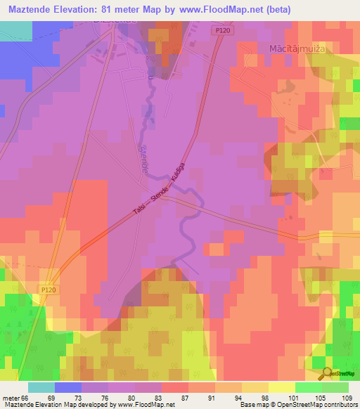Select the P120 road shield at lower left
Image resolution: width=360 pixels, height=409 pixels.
[48, 288]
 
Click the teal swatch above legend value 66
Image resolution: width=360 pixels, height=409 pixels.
[41, 387]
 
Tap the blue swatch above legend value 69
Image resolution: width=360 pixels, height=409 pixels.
[68, 387]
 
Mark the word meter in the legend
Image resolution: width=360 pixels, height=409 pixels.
[12, 397]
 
